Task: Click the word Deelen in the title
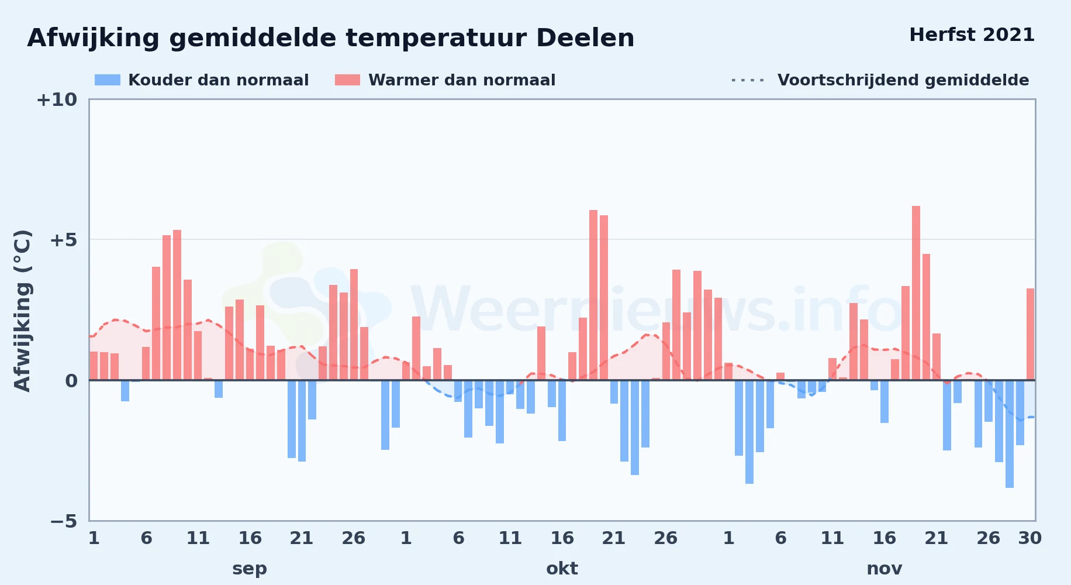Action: [x=585, y=38]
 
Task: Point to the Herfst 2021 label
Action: [x=972, y=35]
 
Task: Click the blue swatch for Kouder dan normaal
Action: [x=108, y=80]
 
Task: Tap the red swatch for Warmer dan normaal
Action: [x=347, y=80]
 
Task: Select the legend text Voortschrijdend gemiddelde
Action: [x=903, y=80]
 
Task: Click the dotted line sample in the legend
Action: [x=748, y=80]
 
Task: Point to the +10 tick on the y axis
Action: [x=57, y=100]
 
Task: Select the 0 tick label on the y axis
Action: [x=71, y=381]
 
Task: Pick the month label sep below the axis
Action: [x=250, y=569]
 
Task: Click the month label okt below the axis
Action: [x=562, y=569]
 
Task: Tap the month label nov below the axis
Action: [x=885, y=569]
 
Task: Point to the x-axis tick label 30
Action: [x=1029, y=538]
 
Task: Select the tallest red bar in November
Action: [x=916, y=293]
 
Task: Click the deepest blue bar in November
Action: [x=1010, y=434]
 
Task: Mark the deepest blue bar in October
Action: [x=635, y=428]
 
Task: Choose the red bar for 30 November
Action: [x=1031, y=334]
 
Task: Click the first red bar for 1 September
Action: [x=94, y=366]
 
